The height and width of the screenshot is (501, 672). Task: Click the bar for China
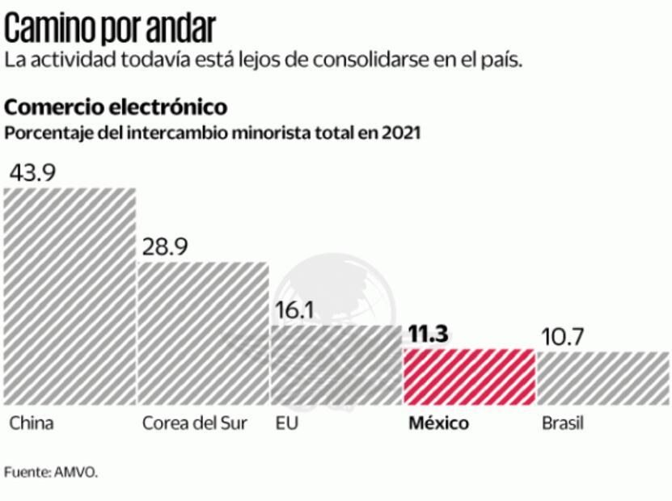click(x=70, y=296)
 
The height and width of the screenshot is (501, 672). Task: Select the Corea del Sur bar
click(x=202, y=333)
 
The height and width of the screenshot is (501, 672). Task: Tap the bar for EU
click(x=336, y=364)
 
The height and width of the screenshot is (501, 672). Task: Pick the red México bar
click(x=469, y=377)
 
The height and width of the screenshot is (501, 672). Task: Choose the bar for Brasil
click(x=602, y=378)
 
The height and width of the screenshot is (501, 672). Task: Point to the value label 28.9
click(x=165, y=246)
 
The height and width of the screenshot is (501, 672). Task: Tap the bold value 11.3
click(x=429, y=334)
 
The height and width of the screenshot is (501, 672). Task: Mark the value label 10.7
click(x=560, y=335)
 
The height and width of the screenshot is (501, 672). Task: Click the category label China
click(x=32, y=423)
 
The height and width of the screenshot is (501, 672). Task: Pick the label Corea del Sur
click(x=194, y=423)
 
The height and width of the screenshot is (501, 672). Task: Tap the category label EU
click(x=286, y=423)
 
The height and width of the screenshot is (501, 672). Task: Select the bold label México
click(x=438, y=423)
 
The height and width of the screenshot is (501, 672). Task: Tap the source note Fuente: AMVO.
click(x=51, y=472)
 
